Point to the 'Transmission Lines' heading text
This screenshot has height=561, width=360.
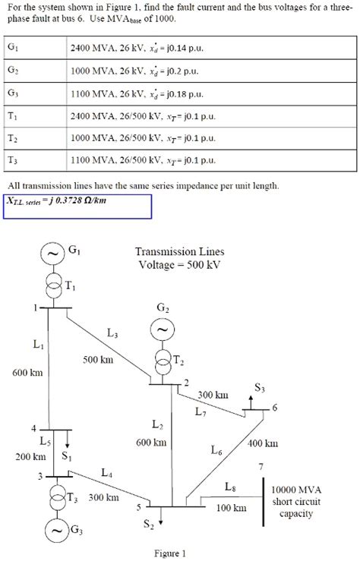(x=180, y=251)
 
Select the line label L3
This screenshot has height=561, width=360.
(x=112, y=333)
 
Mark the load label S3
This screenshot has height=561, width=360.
(x=260, y=388)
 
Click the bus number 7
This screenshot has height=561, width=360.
(x=262, y=465)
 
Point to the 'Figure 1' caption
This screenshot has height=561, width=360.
(x=170, y=553)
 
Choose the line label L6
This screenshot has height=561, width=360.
(x=216, y=451)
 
